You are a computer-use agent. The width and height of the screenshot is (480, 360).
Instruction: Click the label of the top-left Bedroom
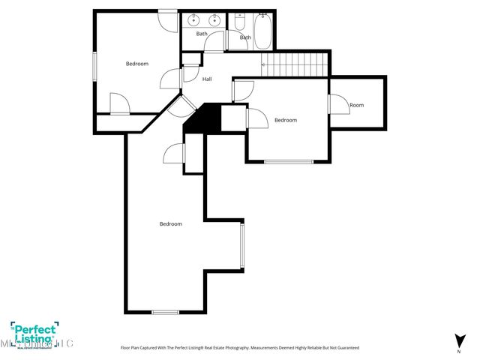click(136, 64)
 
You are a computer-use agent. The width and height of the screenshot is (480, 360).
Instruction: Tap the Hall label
click(206, 79)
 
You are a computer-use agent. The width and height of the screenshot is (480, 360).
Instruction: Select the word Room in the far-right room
click(356, 105)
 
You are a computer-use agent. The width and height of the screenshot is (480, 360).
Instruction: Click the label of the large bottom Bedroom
click(170, 223)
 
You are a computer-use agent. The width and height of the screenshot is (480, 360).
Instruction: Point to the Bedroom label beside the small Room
click(285, 120)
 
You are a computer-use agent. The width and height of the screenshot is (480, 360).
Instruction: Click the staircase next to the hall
click(296, 64)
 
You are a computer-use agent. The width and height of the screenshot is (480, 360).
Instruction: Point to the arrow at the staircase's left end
click(262, 65)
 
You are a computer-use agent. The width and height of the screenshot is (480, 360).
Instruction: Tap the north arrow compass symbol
click(458, 340)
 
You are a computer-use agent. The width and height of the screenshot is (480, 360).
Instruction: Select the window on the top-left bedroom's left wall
click(94, 65)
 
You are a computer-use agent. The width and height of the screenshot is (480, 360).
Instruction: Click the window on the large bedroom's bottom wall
click(165, 311)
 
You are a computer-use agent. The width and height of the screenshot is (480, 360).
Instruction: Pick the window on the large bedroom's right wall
click(241, 247)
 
